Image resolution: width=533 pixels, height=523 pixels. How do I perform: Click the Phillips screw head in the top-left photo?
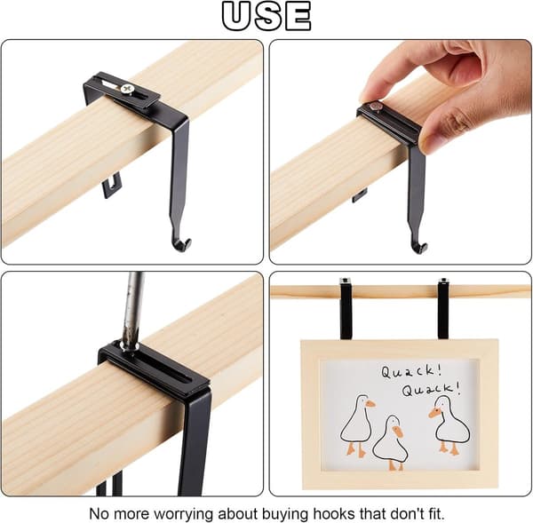pyautogui.click(x=127, y=89)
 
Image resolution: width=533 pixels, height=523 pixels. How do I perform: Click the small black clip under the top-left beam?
pyautogui.click(x=112, y=185)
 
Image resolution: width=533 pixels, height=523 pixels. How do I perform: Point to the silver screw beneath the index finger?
pyautogui.click(x=376, y=107)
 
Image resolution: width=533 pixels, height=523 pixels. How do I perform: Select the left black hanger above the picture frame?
pyautogui.click(x=346, y=309)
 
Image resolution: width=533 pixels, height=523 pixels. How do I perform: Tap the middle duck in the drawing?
pyautogui.click(x=390, y=442)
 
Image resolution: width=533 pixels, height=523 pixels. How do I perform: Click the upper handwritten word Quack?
pyautogui.click(x=411, y=371)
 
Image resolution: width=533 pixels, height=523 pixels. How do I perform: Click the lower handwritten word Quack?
pyautogui.click(x=432, y=388)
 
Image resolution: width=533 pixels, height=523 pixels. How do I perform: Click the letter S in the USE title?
pyautogui.click(x=267, y=16)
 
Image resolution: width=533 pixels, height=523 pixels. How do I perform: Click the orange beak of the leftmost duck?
pyautogui.click(x=370, y=404)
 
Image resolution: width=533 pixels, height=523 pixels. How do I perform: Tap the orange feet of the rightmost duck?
pyautogui.click(x=449, y=448)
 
